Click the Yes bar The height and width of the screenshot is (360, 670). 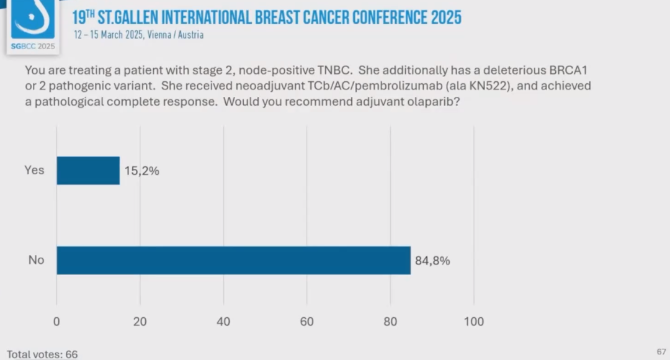tap(88, 170)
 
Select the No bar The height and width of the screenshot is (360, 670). tap(233, 260)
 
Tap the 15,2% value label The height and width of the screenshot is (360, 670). tap(143, 171)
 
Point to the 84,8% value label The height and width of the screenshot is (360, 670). tap(432, 261)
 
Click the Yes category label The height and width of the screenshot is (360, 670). tap(34, 169)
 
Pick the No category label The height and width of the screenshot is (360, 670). tap(36, 260)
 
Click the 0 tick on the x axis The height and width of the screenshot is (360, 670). tap(56, 322)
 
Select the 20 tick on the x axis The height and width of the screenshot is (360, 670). tap(140, 322)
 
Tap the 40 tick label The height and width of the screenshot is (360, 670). tap(223, 322)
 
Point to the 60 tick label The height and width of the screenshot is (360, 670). tap(307, 322)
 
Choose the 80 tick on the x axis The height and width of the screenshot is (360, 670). tap(390, 322)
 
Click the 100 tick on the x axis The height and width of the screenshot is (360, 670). tap(474, 322)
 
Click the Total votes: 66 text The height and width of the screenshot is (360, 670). tap(42, 354)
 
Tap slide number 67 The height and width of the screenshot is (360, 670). tap(661, 352)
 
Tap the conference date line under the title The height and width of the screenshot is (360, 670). tap(138, 35)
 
